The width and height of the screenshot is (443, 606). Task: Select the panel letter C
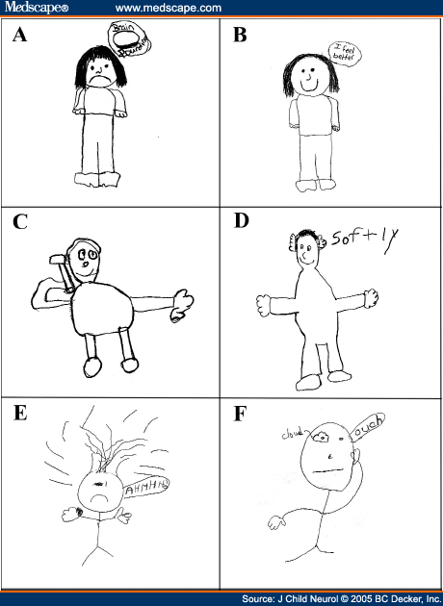tap(20, 223)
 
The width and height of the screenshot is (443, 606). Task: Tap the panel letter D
tap(241, 223)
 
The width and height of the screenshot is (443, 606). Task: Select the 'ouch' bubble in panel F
tap(372, 434)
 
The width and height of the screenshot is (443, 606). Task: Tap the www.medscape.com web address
tap(168, 8)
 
